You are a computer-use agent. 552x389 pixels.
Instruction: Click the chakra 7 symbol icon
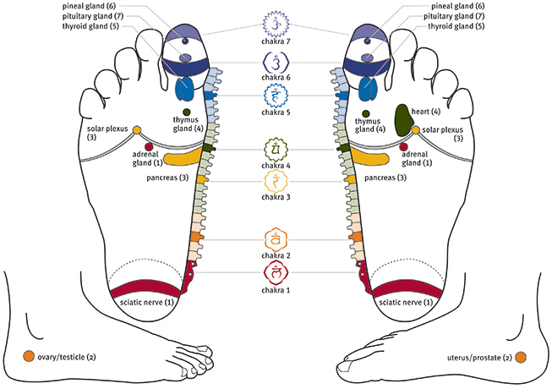coord(276,20)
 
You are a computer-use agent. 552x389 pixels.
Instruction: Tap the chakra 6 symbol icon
coord(276,61)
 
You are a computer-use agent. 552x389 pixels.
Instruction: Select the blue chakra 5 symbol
coord(276,95)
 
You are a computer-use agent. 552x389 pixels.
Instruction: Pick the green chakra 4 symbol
coord(276,151)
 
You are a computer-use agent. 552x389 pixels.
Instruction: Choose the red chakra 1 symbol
coord(276,272)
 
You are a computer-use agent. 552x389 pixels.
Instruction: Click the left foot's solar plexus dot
coord(137,129)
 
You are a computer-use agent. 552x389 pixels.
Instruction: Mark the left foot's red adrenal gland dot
coord(149,146)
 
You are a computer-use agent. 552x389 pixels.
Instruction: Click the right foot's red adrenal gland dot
coord(403,146)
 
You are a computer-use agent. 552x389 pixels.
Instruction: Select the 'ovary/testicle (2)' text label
coord(67,357)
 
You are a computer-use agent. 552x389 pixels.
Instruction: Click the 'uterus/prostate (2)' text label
coord(478,357)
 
